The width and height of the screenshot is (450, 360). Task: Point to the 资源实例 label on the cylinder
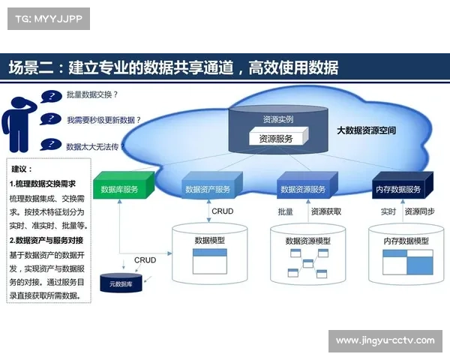(x=277, y=119)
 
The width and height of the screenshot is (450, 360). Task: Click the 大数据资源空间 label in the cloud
(x=366, y=130)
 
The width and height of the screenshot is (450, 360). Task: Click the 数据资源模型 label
(x=307, y=241)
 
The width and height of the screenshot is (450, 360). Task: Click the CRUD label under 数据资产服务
(x=223, y=211)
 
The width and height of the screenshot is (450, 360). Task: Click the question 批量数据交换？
(x=92, y=95)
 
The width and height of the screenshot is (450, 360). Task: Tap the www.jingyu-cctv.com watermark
(x=385, y=340)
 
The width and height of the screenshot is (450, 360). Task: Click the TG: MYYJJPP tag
(x=48, y=18)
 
